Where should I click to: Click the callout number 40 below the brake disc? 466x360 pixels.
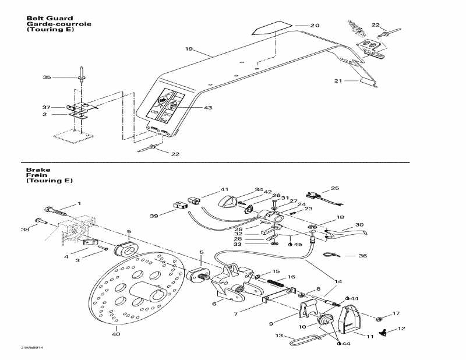pyautogui.click(x=115, y=334)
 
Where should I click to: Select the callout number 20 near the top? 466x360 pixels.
pyautogui.click(x=315, y=25)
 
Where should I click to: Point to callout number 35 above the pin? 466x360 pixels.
pyautogui.click(x=47, y=77)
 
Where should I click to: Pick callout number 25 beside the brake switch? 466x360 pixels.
pyautogui.click(x=334, y=188)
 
